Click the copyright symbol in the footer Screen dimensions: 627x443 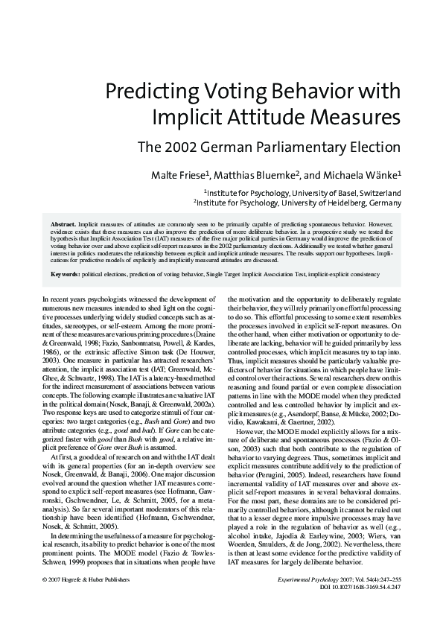point(46,579)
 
